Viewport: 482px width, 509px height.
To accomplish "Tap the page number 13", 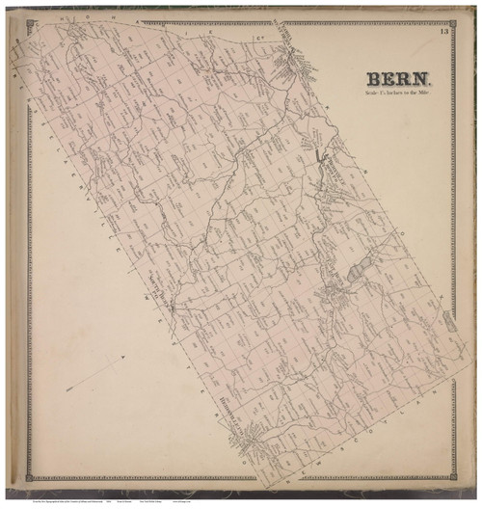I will point(442,34).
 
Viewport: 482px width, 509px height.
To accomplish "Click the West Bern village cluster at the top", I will point(285,58).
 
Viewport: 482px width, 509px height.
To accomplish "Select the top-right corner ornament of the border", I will point(452,25).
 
